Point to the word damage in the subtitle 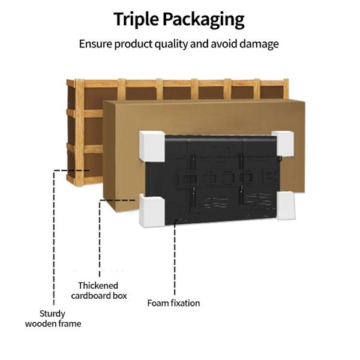259,44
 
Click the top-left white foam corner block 151,145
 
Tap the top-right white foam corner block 283,143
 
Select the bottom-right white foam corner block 286,205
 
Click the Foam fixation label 173,303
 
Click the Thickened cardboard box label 98,290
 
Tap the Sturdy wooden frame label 53,319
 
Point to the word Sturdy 53,313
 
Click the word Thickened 98,286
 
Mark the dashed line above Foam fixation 175,258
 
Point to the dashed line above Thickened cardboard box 100,240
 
